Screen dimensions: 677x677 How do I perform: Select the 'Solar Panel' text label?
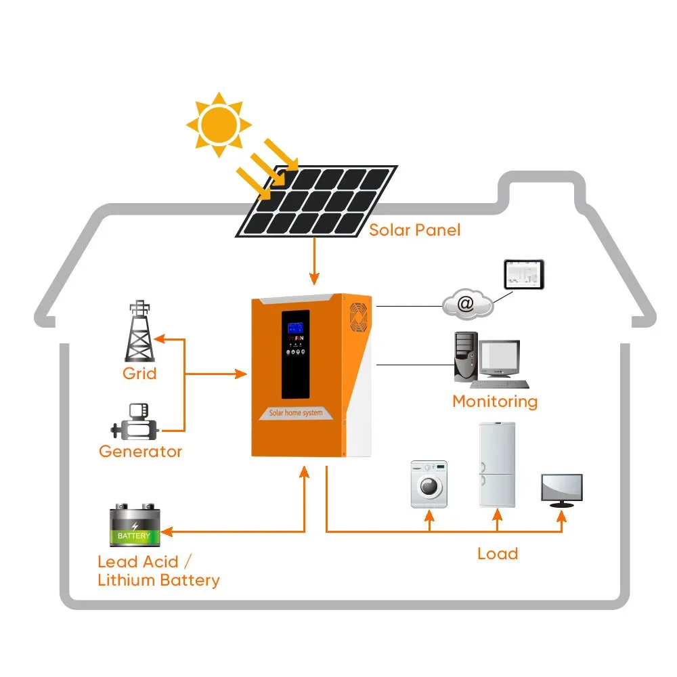414,230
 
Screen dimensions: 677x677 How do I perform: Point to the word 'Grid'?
139,373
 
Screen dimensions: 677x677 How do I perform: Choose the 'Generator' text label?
140,451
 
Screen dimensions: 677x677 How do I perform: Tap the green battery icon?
135,525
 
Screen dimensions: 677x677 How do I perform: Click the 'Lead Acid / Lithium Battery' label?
158,571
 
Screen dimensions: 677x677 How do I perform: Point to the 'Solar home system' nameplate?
296,412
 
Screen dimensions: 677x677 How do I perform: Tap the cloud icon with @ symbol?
467,304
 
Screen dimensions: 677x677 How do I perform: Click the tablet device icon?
523,274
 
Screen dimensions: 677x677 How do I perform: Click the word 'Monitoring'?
494,401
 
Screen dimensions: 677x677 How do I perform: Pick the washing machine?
429,484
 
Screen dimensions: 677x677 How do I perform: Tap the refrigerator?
497,464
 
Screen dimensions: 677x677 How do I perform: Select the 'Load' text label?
498,553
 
